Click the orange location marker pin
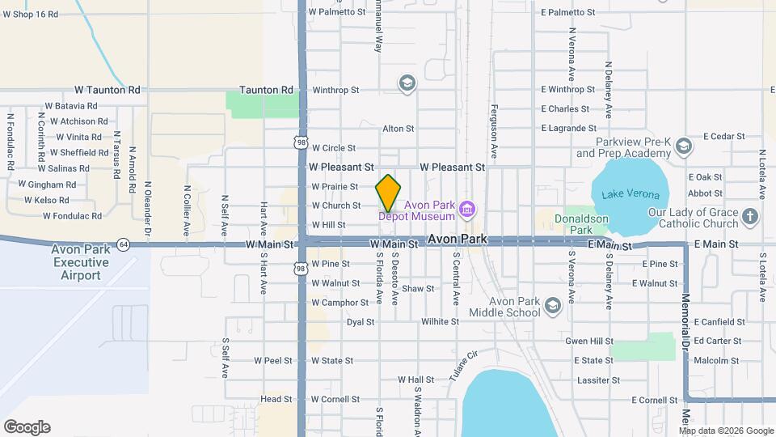389,193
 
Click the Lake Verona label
630,195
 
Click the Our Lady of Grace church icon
749,216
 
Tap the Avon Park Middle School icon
552,305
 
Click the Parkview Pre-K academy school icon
684,146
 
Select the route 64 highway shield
123,243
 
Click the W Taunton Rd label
107,90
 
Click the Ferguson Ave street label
491,129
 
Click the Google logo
27,427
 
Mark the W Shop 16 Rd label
31,15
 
